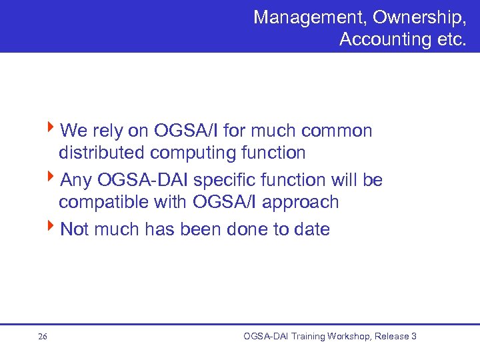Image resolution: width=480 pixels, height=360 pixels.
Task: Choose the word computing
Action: point(193,153)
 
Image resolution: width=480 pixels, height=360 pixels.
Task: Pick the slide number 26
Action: point(43,337)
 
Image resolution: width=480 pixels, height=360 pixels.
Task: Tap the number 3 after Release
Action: point(413,337)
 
